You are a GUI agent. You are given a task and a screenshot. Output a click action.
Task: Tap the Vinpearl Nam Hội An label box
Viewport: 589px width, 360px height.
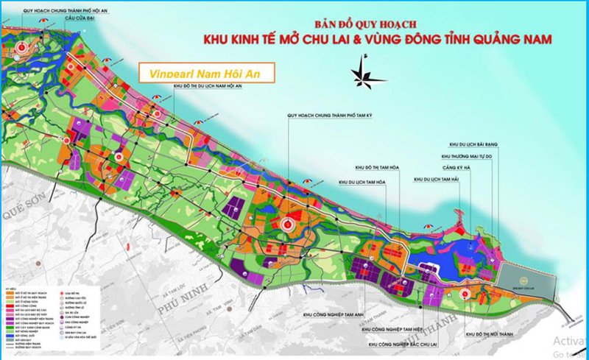[x=205, y=73]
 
